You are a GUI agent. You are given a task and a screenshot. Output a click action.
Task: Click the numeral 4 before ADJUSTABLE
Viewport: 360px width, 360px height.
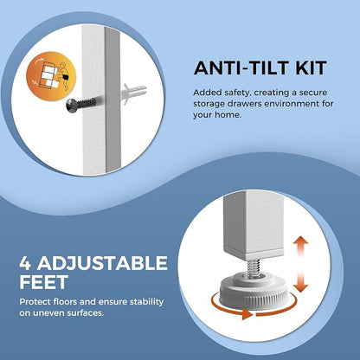tap(25, 263)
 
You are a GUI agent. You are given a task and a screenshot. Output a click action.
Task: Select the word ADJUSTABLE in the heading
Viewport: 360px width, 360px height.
tap(102, 263)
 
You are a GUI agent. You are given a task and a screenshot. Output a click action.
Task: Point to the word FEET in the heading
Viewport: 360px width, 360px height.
tap(44, 282)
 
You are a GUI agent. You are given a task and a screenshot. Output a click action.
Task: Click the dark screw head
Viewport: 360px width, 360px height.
tap(71, 106)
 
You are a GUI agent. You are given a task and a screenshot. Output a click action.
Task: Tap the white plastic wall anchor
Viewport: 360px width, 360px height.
tap(134, 91)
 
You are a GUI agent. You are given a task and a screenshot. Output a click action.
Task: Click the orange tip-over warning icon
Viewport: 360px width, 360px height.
tap(51, 75)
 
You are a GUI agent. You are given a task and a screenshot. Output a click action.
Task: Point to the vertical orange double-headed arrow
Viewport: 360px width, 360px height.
tap(301, 264)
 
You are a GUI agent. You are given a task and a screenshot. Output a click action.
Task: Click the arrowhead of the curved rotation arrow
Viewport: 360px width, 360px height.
tap(247, 313)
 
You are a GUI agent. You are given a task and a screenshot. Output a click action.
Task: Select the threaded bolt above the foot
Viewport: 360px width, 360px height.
tap(254, 268)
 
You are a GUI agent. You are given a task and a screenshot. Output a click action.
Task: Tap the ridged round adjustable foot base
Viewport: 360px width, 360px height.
tap(253, 291)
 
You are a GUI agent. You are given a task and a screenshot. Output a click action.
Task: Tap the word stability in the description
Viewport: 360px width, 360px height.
tap(146, 302)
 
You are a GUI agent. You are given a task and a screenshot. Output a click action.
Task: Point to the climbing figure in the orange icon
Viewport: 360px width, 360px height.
tap(63, 75)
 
